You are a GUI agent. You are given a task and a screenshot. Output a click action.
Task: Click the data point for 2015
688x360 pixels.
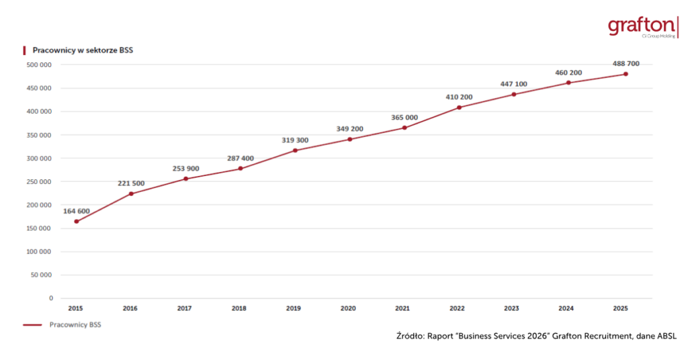point(77,222)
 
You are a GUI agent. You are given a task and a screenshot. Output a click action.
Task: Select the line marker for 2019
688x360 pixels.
point(295,150)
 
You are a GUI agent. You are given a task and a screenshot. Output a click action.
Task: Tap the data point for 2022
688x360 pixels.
point(459,107)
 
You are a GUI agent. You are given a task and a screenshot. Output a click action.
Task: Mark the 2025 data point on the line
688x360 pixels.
point(626,74)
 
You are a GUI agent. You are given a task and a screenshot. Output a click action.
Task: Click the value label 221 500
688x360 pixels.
point(131,183)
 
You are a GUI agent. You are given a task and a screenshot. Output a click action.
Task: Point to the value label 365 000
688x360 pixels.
point(404,118)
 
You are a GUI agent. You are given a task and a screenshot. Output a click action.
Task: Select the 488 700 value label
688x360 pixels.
point(626,64)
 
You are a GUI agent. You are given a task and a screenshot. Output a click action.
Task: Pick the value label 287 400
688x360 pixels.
point(241,159)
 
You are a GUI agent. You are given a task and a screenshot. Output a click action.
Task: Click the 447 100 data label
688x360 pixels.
point(514,84)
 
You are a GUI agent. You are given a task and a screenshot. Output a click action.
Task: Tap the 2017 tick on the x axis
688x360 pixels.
point(184,308)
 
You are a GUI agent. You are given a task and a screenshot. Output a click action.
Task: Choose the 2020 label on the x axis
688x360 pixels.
point(348,308)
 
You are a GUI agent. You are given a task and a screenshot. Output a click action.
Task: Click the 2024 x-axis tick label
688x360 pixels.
point(566,308)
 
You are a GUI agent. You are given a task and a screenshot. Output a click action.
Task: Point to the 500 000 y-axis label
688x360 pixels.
point(39,65)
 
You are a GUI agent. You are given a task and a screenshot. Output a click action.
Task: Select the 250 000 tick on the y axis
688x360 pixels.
point(39,181)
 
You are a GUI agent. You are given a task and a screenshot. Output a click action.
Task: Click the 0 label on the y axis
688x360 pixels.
point(51,298)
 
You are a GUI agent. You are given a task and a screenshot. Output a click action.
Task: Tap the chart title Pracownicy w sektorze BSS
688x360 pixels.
point(83,50)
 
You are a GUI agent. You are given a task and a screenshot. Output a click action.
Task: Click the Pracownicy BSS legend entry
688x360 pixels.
point(62,325)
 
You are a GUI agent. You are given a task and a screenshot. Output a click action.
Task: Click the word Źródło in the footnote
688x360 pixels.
point(410,336)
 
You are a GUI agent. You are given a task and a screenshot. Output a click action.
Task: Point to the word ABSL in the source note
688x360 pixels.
point(666,336)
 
